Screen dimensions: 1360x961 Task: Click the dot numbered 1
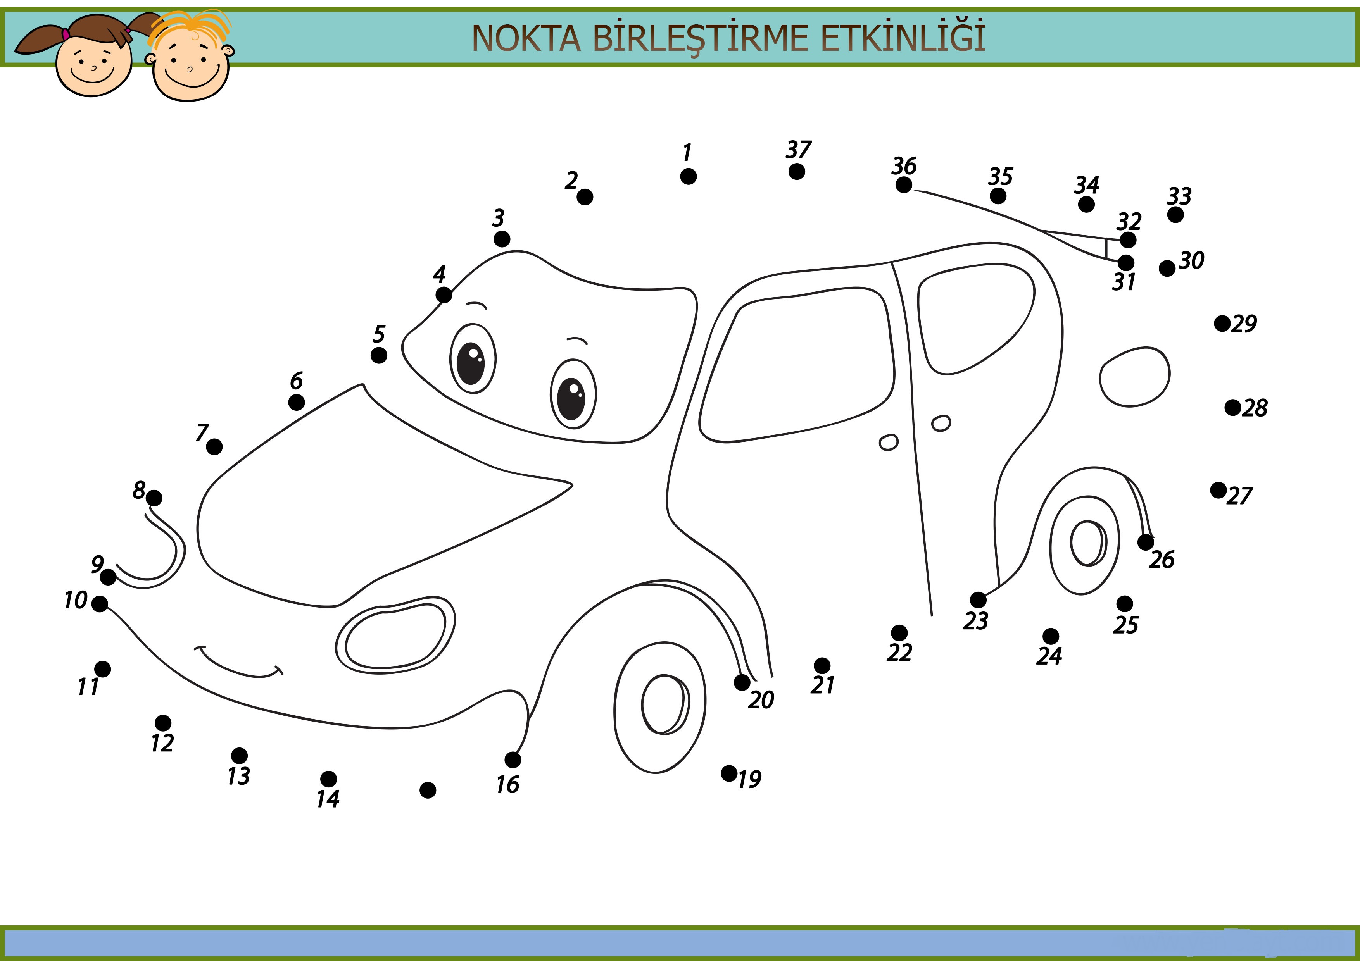pos(688,176)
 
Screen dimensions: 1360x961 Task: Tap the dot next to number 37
pos(797,172)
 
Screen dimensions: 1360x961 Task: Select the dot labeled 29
pos(1222,323)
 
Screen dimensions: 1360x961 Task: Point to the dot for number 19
pos(729,773)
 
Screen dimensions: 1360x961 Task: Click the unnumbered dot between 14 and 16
pos(428,790)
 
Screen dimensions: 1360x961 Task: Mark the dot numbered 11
pos(102,669)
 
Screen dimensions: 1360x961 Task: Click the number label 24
pos(1049,656)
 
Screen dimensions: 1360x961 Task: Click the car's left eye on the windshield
pos(473,359)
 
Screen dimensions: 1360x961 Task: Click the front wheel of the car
pos(660,708)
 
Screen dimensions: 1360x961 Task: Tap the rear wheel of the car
pos(1085,545)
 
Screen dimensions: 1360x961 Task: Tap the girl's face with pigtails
pos(93,65)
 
